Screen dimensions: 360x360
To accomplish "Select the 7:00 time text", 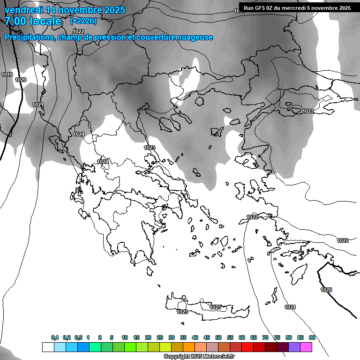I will (14, 21).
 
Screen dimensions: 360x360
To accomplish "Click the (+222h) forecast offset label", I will (84, 21).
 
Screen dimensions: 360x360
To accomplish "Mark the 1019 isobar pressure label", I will (7, 75).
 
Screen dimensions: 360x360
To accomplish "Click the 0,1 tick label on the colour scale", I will (55, 337).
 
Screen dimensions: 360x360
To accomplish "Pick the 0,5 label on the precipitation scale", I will (78, 337).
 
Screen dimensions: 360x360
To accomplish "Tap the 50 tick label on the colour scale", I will (218, 337).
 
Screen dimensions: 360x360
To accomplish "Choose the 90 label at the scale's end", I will (312, 337).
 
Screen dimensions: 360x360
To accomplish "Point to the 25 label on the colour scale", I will (160, 337).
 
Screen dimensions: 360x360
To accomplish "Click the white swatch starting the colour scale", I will (48, 347).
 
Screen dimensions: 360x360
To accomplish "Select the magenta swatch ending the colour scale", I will (306, 347).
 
